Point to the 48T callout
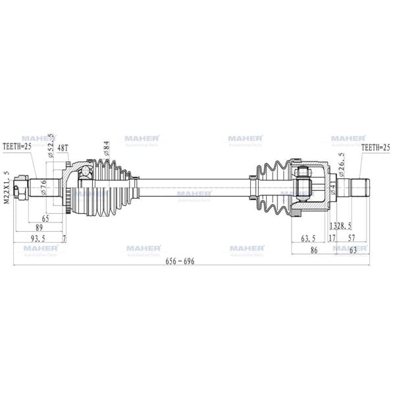[x=63, y=149]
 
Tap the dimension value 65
[x=45, y=217]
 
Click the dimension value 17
[x=332, y=237]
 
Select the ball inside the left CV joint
[x=84, y=172]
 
